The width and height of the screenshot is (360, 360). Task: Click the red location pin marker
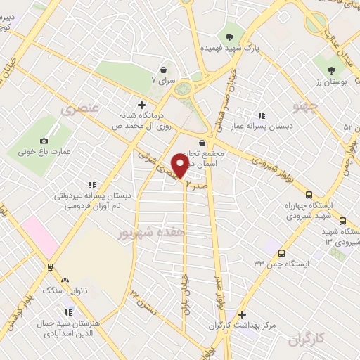click(x=179, y=165)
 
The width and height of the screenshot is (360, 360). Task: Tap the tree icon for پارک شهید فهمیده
click(x=229, y=37)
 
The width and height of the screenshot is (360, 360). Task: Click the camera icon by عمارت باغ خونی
click(x=44, y=141)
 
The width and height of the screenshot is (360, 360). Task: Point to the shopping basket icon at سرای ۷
click(x=164, y=70)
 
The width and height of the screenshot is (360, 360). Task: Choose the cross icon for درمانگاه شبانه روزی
click(x=141, y=105)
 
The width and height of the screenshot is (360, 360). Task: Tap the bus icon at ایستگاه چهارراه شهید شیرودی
click(x=309, y=195)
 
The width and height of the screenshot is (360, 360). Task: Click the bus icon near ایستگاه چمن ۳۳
click(x=281, y=253)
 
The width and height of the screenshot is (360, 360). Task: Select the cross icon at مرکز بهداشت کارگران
click(x=243, y=314)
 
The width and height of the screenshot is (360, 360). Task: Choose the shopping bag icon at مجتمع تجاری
click(x=202, y=143)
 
